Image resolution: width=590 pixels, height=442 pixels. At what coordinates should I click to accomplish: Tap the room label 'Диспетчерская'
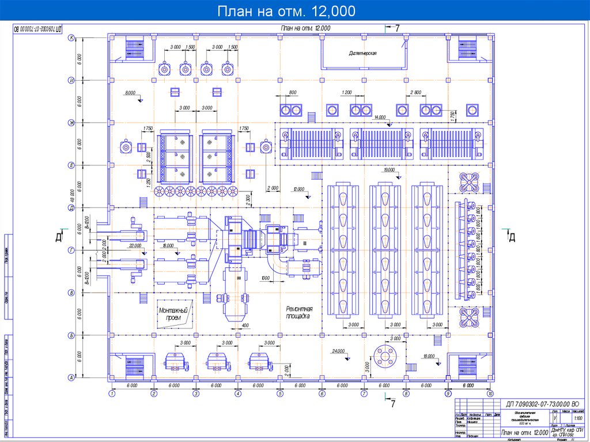click(363, 53)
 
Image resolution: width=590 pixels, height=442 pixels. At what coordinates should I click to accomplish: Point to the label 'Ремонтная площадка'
click(298, 312)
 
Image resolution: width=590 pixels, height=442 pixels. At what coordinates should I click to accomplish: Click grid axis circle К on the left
click(72, 38)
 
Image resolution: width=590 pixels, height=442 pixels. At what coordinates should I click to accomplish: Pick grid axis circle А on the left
click(72, 377)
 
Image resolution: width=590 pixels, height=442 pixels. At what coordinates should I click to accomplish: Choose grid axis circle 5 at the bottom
click(279, 394)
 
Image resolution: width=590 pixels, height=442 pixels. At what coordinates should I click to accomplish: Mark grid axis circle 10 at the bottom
click(490, 394)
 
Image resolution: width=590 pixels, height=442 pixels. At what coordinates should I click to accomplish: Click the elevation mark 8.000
click(130, 93)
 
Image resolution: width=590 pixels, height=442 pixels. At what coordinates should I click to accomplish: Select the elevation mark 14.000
click(380, 117)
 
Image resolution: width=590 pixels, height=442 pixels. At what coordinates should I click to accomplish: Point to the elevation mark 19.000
click(388, 171)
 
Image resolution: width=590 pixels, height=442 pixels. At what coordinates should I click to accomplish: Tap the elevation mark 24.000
click(338, 351)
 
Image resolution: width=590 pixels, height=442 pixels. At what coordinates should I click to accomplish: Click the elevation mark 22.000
click(135, 246)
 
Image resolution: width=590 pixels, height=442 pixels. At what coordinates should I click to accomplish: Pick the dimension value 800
click(293, 93)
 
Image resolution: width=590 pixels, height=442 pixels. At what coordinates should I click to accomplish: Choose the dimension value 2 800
click(416, 93)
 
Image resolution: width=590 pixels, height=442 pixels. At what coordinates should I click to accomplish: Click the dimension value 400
click(244, 326)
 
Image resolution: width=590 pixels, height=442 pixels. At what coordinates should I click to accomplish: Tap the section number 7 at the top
click(396, 28)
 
